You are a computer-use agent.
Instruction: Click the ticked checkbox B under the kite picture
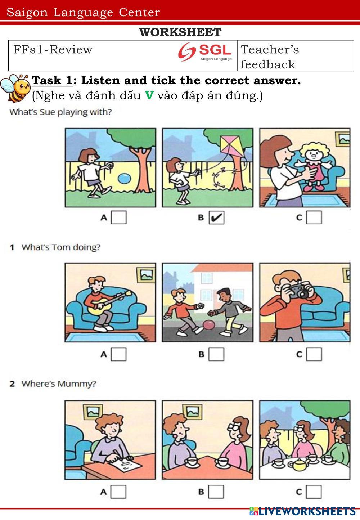(x=216, y=218)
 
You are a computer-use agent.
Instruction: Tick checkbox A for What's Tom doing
(x=118, y=354)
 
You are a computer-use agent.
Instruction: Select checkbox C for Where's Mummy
(x=314, y=492)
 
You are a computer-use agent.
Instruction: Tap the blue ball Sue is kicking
(x=125, y=179)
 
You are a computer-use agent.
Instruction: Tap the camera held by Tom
(x=298, y=290)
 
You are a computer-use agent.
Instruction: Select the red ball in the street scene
(x=209, y=325)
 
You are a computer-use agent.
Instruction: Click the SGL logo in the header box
(x=205, y=52)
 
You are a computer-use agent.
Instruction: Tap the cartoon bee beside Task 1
(x=15, y=88)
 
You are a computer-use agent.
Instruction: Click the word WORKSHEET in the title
(x=180, y=32)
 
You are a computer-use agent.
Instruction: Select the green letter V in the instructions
(x=149, y=95)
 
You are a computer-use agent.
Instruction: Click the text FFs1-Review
(x=53, y=49)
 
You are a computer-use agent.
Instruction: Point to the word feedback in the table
(x=268, y=64)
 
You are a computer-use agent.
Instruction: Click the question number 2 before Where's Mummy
(x=12, y=384)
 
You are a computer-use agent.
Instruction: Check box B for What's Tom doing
(x=216, y=354)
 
